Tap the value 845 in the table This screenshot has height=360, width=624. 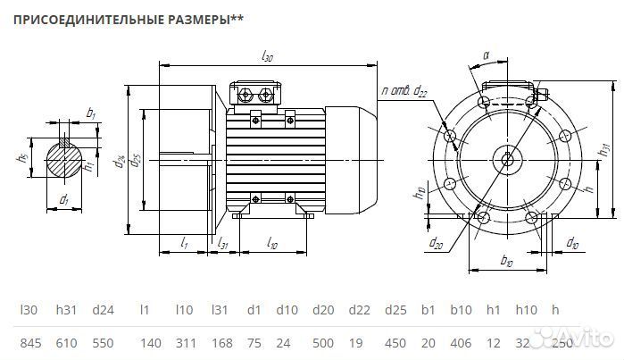coord(32,342)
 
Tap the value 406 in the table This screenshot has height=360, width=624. coord(461,342)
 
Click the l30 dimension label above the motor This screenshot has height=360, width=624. coord(267,56)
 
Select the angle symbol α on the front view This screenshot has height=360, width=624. coord(487,55)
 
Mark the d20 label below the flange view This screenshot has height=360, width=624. coord(437,241)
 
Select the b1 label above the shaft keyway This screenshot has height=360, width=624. coord(91,113)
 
